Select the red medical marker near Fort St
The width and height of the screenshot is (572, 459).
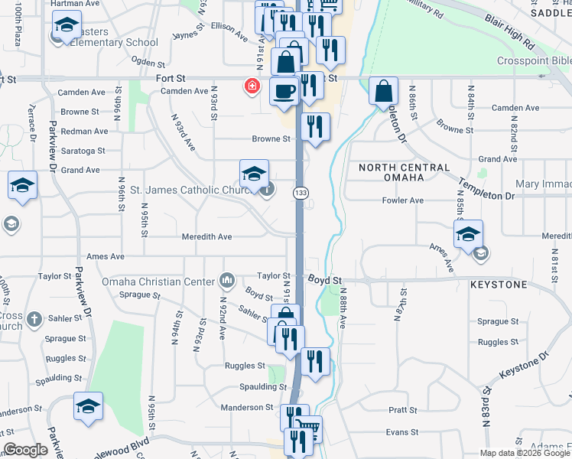(x=251, y=86)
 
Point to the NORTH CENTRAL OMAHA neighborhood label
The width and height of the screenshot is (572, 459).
(x=403, y=172)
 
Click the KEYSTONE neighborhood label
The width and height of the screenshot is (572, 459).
(x=500, y=285)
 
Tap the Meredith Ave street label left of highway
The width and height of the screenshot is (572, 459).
(x=206, y=237)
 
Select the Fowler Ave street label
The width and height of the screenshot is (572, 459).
(x=403, y=200)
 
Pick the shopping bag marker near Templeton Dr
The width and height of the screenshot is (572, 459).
(x=383, y=91)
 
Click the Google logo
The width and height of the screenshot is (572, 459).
(x=26, y=450)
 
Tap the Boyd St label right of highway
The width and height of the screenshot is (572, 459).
(x=325, y=281)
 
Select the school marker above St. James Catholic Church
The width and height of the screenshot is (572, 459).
(x=254, y=174)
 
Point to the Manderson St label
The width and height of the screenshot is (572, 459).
(x=247, y=408)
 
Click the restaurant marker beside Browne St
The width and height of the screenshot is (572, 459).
(x=315, y=126)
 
